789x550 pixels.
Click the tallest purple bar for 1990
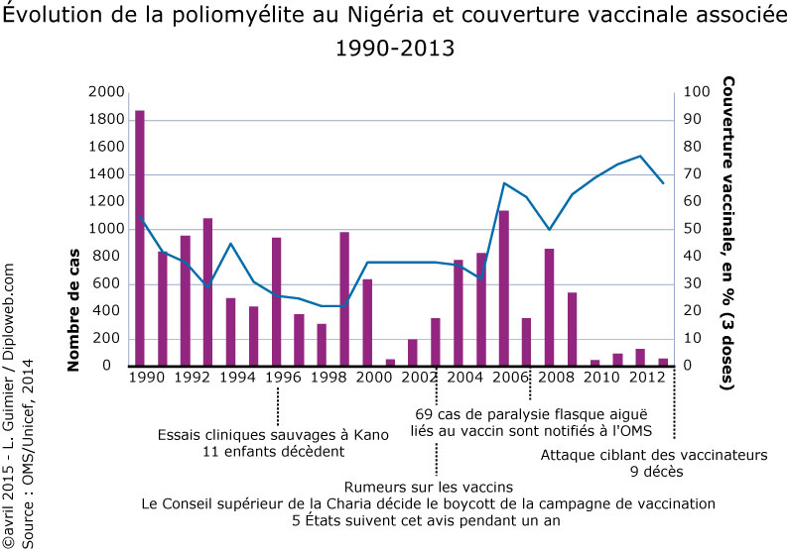(x=140, y=238)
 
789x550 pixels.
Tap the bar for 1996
(x=276, y=301)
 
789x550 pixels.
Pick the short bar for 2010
(x=594, y=363)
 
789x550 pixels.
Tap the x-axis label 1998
(x=329, y=378)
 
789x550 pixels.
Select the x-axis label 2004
(x=466, y=378)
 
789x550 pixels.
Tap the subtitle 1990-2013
(x=394, y=48)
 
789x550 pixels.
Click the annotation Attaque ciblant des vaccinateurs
(x=655, y=455)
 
